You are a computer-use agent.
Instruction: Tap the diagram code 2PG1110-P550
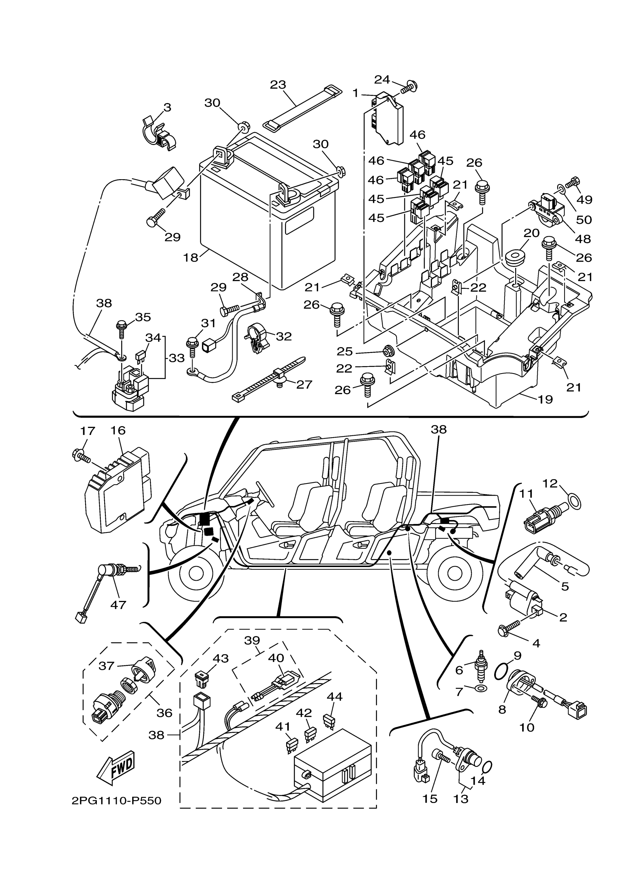116,801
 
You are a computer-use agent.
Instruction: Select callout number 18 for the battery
190,258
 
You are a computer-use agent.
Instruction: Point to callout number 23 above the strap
278,85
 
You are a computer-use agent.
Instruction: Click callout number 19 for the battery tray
545,399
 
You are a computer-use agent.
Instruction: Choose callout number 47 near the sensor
118,605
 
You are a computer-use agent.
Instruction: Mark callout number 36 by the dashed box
164,713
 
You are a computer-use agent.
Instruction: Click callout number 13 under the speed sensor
461,799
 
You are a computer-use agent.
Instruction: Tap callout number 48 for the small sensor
583,239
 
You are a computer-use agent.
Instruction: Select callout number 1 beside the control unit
356,93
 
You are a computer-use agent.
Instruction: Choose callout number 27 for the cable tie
304,384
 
